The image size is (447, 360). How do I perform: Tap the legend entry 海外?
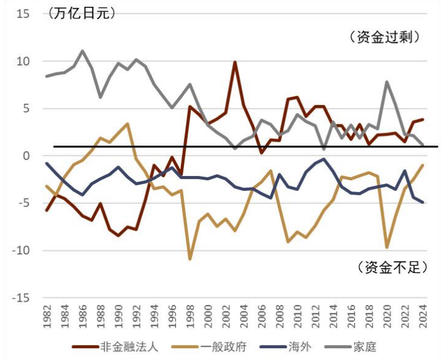tap(297, 347)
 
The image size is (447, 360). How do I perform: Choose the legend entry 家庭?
tap(364, 347)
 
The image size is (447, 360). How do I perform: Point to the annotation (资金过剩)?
tap(386, 37)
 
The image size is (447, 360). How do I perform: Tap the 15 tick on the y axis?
tap(23, 14)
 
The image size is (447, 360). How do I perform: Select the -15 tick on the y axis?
tap(21, 298)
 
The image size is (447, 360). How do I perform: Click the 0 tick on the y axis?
tap(27, 156)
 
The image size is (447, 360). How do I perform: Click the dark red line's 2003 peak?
tap(235, 62)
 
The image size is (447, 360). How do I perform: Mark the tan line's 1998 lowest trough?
tap(190, 259)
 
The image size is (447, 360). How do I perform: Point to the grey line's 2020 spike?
tap(387, 81)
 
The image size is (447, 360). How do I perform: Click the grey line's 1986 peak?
tap(83, 51)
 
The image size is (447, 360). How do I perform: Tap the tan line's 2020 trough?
tap(387, 247)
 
